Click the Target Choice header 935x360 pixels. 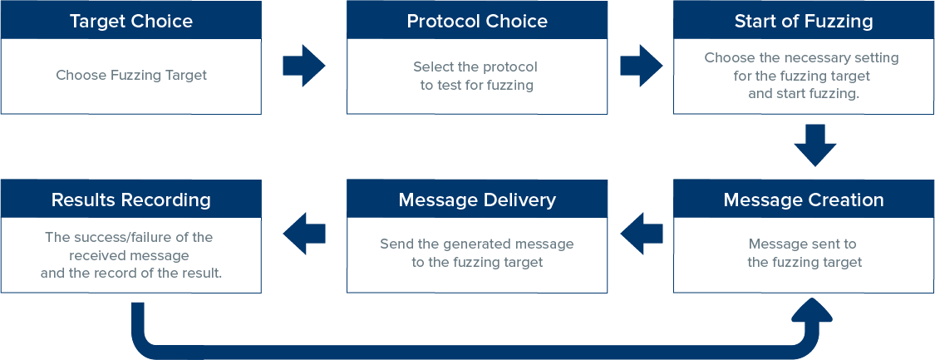pyautogui.click(x=131, y=21)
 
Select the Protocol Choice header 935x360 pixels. pyautogui.click(x=477, y=21)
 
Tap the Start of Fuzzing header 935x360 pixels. pyautogui.click(x=804, y=21)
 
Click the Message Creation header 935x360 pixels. pyautogui.click(x=804, y=200)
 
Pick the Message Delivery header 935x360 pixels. pyautogui.click(x=477, y=200)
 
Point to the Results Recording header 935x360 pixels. pyautogui.click(x=131, y=200)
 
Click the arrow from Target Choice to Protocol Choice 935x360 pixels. pyautogui.click(x=304, y=66)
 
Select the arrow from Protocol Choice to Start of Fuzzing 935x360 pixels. pyautogui.click(x=642, y=66)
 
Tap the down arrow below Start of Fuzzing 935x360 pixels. pyautogui.click(x=816, y=145)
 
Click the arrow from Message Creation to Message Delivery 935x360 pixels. pyautogui.click(x=642, y=234)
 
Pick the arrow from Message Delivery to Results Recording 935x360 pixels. pyautogui.click(x=304, y=234)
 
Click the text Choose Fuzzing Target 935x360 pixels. pyautogui.click(x=131, y=76)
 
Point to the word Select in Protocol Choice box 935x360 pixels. pyautogui.click(x=431, y=67)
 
